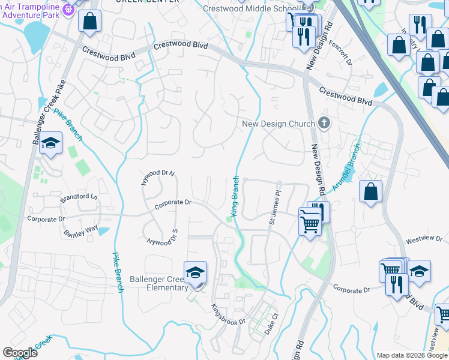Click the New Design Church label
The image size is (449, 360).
(x=278, y=124)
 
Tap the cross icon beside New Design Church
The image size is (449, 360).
(x=324, y=124)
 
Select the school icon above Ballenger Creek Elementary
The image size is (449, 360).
(x=196, y=273)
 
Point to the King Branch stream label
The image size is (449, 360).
(x=235, y=196)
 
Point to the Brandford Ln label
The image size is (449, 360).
(x=78, y=197)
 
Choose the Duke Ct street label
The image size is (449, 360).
(x=271, y=323)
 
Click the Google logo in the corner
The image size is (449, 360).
(x=20, y=353)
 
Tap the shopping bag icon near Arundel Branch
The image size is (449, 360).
(x=371, y=192)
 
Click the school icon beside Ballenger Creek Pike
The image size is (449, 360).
(x=51, y=143)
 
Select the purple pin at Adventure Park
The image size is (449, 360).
(x=68, y=8)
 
